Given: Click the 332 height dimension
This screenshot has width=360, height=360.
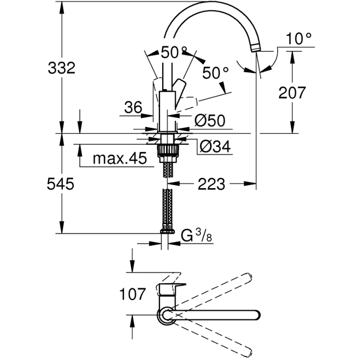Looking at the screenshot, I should pos(62,68).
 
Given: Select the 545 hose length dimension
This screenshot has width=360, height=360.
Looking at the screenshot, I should pos(60,184).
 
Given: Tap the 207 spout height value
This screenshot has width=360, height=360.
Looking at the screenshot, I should pos(292,93).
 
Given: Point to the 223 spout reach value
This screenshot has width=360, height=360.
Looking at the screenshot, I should pos(212,184).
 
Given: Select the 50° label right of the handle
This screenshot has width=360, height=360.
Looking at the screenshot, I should pos(216,73).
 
